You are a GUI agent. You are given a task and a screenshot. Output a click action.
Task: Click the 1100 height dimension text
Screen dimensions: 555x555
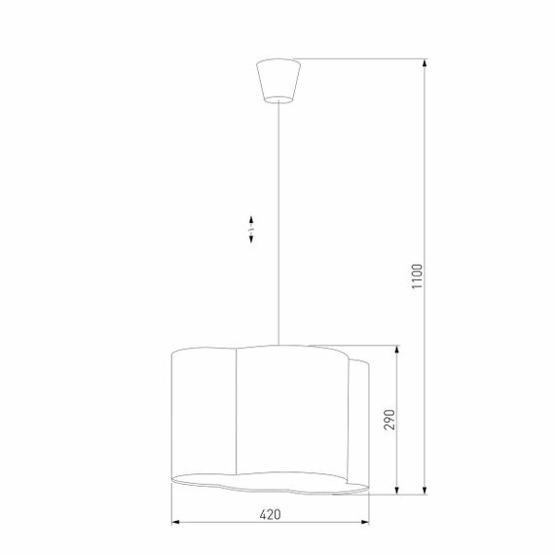coord(417,279)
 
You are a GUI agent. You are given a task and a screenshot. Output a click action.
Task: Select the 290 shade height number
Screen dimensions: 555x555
coord(388,419)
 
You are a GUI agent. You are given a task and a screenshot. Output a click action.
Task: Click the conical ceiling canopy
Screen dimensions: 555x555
coord(277,79)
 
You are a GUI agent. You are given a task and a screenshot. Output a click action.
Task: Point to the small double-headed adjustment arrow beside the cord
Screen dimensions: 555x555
coord(250,229)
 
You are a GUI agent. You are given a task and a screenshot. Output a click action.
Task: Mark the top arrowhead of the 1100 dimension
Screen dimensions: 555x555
coord(425,63)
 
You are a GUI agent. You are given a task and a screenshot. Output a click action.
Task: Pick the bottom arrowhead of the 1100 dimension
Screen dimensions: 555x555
coord(425,490)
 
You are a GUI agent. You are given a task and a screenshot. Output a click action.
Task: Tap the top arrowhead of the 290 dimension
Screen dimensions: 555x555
coord(397,349)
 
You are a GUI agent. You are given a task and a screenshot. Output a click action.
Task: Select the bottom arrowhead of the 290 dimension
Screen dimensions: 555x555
coord(397,490)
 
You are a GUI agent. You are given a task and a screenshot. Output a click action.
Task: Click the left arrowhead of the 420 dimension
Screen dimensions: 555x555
coord(175,522)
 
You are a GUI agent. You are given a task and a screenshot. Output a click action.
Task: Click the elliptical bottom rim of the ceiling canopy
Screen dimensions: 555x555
coord(277,98)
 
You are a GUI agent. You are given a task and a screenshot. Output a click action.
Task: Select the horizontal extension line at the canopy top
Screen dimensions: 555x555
coord(360,59)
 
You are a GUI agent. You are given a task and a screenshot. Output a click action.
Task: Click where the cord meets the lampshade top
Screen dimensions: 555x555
coord(278,344)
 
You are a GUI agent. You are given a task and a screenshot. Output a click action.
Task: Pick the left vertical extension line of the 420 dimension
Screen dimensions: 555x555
coord(171,506)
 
